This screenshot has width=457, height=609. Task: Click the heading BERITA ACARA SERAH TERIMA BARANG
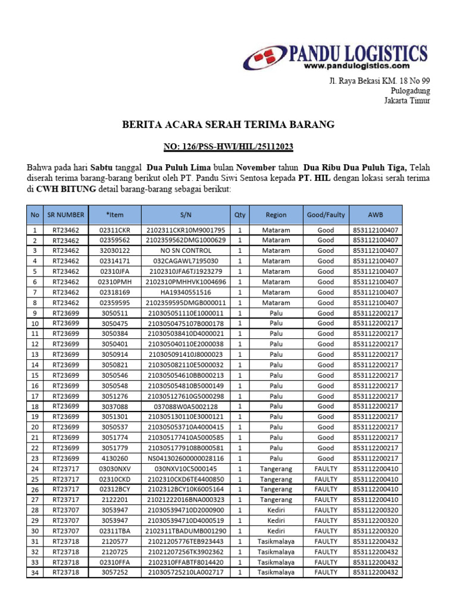point(228,124)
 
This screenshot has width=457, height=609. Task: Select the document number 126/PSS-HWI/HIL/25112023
point(228,146)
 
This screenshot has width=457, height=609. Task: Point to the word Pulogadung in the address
point(410,91)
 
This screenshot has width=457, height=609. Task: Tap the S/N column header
point(186,215)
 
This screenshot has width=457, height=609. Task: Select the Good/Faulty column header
point(325,215)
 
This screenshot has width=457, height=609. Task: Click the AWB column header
point(375,215)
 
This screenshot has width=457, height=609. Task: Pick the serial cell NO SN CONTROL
point(186,250)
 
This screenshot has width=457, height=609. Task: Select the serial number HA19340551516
point(186,292)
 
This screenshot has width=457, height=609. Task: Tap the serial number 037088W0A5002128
point(186,406)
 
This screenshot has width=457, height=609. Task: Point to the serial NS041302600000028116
point(186,459)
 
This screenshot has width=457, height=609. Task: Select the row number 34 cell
point(35,573)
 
